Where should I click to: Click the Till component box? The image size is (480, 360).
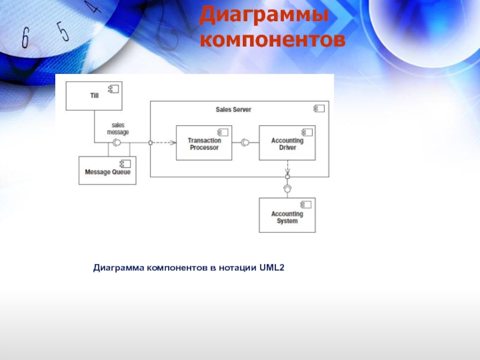94,96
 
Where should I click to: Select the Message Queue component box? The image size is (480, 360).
107,170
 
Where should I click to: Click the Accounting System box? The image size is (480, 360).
287,215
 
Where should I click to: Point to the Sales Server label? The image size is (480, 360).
233,110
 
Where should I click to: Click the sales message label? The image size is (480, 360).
118,128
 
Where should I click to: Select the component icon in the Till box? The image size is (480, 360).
113,89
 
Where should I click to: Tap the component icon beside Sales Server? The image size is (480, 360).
319,109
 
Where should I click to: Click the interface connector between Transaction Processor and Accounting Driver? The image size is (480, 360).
245,143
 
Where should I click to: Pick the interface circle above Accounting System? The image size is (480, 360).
287,190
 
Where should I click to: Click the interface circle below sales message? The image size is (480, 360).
118,143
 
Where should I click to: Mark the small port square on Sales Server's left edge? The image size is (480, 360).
150,143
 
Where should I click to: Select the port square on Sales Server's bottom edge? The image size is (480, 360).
287,177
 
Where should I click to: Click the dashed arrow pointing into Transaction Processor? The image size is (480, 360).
163,143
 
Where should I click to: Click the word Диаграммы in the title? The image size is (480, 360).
264,15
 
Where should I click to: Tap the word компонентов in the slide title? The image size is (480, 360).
272,40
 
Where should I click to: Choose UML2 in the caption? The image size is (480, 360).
272,267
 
